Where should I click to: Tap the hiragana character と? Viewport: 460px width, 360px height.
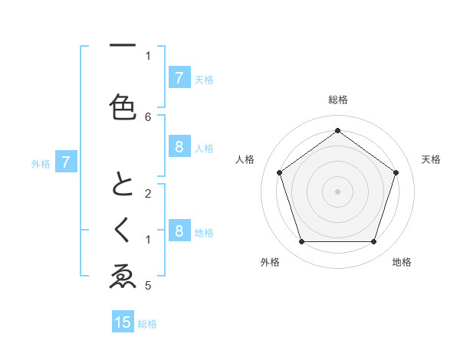click(x=123, y=186)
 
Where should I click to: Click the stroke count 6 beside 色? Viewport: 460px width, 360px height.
click(x=148, y=117)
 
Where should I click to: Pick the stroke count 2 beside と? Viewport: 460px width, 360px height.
click(x=148, y=194)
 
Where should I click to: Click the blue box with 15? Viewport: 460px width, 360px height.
click(x=123, y=322)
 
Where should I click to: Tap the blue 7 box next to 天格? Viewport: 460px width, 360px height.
click(x=179, y=78)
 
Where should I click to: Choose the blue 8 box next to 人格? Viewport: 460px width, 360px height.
click(x=179, y=147)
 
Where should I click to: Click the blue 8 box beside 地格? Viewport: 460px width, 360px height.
click(x=179, y=231)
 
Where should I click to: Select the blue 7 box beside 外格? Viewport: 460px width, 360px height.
click(x=66, y=162)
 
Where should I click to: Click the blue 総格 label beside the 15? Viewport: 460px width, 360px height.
click(x=147, y=324)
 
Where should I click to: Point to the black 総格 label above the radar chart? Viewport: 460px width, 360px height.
click(x=338, y=100)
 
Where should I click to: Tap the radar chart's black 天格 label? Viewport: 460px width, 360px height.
click(x=431, y=159)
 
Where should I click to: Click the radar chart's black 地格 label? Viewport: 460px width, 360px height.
click(x=402, y=262)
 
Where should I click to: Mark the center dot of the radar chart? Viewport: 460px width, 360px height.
click(x=338, y=191)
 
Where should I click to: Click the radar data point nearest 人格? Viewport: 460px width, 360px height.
click(x=279, y=172)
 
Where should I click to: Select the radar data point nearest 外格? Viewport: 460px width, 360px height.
click(x=301, y=241)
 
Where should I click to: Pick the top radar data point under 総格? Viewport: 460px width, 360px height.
click(x=338, y=130)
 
